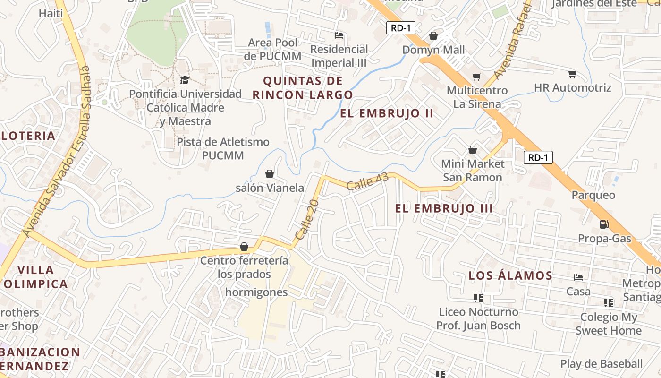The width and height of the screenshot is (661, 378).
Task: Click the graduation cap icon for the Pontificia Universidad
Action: [x=185, y=80]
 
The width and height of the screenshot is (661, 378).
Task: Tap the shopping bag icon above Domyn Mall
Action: [x=433, y=36]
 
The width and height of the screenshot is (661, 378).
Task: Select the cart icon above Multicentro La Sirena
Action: [x=477, y=77]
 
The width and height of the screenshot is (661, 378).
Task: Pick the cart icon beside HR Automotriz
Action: [x=572, y=73]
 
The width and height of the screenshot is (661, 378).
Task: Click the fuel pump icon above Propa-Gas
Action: [x=604, y=224]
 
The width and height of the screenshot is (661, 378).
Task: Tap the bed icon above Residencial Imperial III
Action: [x=339, y=35]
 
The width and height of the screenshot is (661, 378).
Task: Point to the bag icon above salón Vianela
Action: [x=270, y=174]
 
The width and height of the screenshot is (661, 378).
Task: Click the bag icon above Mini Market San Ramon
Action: [x=472, y=150]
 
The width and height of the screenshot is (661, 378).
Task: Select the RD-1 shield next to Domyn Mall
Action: [x=400, y=28]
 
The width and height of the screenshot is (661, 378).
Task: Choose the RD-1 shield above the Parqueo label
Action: [x=538, y=157]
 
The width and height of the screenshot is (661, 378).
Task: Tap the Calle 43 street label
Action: [x=367, y=181]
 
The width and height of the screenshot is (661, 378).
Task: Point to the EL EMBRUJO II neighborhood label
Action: [x=387, y=113]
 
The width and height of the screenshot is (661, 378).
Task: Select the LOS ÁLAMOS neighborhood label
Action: [x=510, y=275]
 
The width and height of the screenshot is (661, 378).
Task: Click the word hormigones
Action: [x=256, y=292]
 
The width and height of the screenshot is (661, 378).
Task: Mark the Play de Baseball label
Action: [x=602, y=363]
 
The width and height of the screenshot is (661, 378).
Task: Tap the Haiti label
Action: [x=51, y=13]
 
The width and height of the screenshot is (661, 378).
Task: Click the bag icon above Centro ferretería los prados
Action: [x=244, y=247]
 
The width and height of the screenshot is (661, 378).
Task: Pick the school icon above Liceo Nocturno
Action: [x=478, y=298]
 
